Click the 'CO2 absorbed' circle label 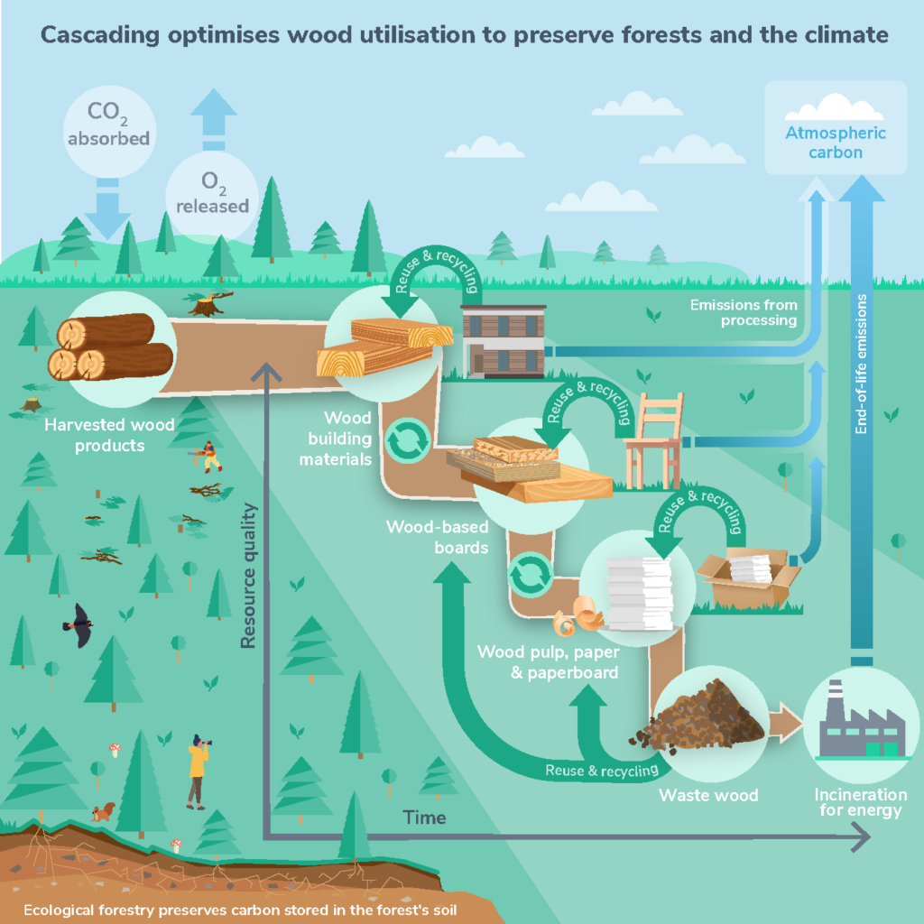(107, 126)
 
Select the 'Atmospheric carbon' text (835, 143)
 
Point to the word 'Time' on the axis (424, 818)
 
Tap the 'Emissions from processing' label (743, 312)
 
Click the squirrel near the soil (105, 811)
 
